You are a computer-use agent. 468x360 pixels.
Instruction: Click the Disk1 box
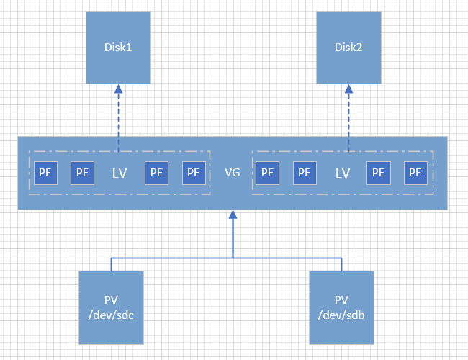pyautogui.click(x=118, y=48)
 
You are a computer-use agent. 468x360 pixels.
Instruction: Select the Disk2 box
pyautogui.click(x=348, y=48)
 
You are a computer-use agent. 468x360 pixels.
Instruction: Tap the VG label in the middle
pyautogui.click(x=232, y=173)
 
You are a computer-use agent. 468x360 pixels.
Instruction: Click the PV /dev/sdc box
pyautogui.click(x=112, y=307)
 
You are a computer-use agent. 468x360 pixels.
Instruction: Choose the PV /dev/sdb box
pyautogui.click(x=341, y=307)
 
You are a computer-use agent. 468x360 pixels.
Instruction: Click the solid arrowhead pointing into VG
pyautogui.click(x=232, y=215)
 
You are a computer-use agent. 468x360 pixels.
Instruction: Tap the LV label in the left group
pyautogui.click(x=120, y=173)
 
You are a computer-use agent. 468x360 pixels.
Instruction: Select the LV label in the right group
pyautogui.click(x=343, y=173)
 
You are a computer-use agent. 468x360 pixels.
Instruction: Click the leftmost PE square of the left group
pyautogui.click(x=45, y=173)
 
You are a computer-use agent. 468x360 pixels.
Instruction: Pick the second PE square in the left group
pyautogui.click(x=82, y=173)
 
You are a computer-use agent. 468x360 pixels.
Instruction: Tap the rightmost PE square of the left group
pyautogui.click(x=193, y=173)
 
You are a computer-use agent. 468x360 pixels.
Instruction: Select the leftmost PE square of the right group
pyautogui.click(x=267, y=173)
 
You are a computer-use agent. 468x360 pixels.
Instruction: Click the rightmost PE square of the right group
pyautogui.click(x=415, y=173)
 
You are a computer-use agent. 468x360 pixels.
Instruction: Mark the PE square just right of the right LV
pyautogui.click(x=378, y=173)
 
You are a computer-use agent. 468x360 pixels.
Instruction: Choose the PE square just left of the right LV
pyautogui.click(x=305, y=173)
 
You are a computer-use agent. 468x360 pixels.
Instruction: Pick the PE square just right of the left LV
pyautogui.click(x=156, y=173)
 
